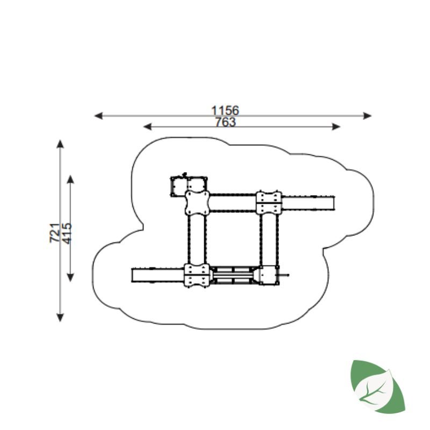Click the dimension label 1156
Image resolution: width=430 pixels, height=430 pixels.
pos(225,110)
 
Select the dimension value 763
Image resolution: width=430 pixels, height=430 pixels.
pos(225,122)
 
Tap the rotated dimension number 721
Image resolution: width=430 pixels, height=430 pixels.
pos(55,233)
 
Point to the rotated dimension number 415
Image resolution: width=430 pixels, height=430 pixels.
pos(67,234)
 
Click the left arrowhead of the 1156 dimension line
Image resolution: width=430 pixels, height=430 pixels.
pos(98,116)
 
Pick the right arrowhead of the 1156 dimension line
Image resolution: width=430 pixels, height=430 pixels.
pos(367,116)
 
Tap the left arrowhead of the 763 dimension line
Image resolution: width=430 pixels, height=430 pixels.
pos(147,127)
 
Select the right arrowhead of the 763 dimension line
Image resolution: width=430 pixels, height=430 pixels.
pos(336,127)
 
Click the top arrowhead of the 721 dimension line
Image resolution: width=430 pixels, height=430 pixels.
pos(60,144)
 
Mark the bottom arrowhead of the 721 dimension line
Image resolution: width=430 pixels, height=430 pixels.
pos(60,317)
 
